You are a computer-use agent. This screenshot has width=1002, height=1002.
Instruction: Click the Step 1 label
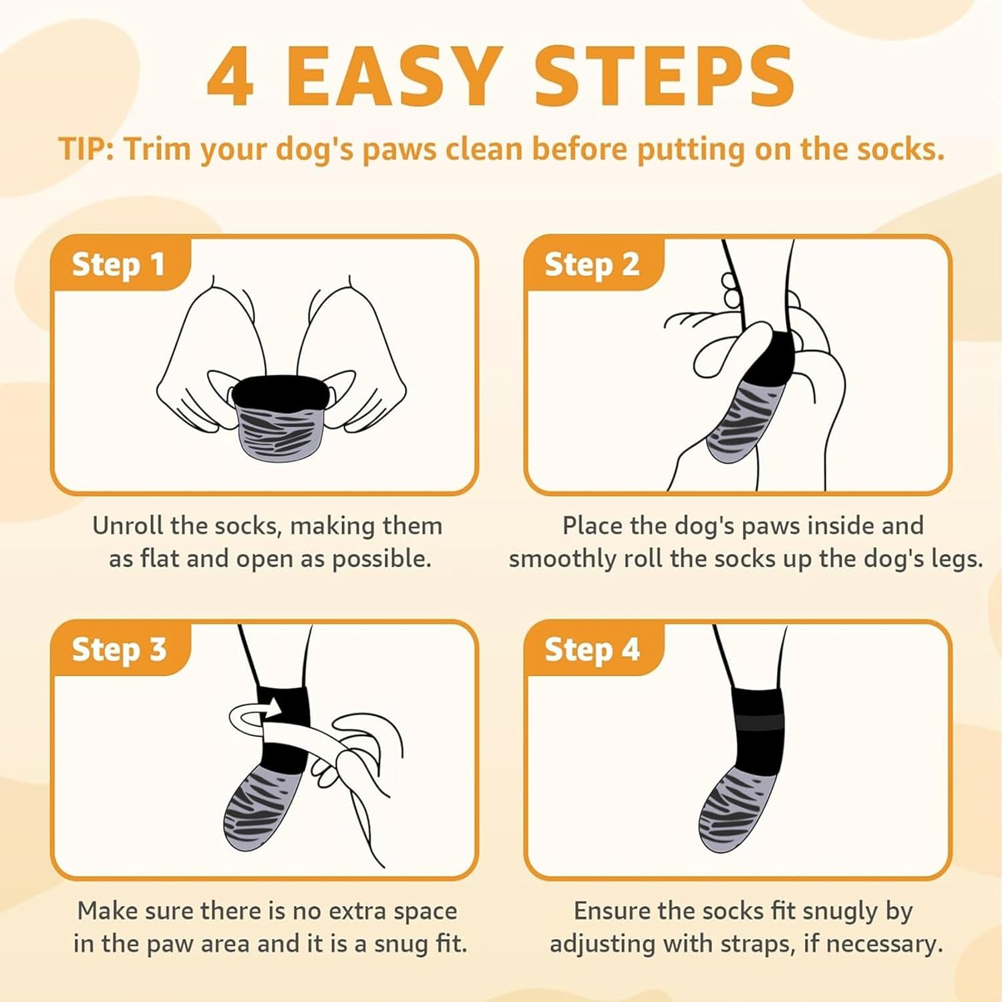click(118, 265)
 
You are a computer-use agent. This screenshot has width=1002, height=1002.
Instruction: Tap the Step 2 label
click(592, 265)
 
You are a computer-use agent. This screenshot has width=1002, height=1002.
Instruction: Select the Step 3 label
click(119, 649)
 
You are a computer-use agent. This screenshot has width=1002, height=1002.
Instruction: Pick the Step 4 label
click(592, 649)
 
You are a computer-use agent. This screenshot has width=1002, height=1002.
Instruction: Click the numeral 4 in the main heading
click(230, 77)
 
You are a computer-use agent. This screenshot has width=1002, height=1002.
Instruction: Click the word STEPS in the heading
click(665, 77)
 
